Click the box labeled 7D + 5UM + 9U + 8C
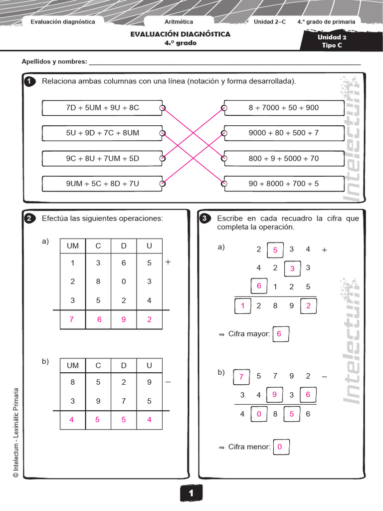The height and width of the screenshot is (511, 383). (x=102, y=108)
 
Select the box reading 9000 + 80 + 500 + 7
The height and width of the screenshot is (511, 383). (x=283, y=133)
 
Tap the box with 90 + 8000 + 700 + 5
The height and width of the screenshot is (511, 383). (x=283, y=184)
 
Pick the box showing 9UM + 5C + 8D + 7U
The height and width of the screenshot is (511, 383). (x=102, y=184)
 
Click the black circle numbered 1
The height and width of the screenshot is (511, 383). (x=30, y=82)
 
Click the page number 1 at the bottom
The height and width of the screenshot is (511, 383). (x=191, y=493)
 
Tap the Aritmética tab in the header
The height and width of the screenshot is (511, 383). (x=179, y=22)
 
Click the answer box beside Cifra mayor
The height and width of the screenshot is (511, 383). (x=279, y=334)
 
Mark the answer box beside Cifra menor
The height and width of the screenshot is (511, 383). (x=280, y=447)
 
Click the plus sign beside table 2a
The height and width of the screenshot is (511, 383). (x=168, y=262)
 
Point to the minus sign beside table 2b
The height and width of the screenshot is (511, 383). (x=168, y=382)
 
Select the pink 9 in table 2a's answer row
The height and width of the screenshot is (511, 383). (x=124, y=320)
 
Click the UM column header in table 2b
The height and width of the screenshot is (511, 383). (x=73, y=365)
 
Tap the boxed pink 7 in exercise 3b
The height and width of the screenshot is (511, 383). (x=241, y=377)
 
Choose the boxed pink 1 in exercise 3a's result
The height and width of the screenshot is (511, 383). (x=243, y=306)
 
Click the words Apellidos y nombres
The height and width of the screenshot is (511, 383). (x=54, y=62)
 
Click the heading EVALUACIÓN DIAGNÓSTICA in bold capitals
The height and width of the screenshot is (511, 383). (x=180, y=34)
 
